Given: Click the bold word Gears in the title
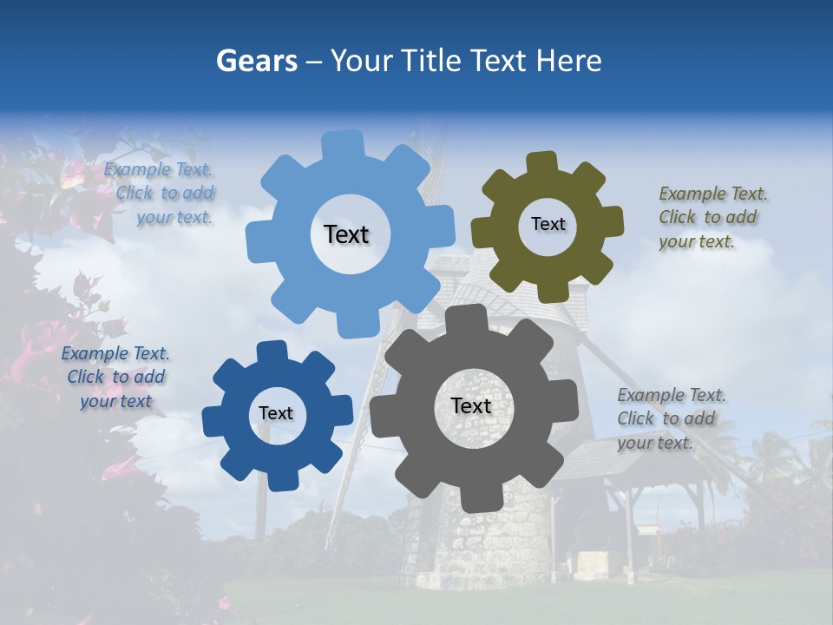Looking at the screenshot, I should tap(255, 61).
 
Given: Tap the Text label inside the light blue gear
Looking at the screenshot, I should tap(346, 234).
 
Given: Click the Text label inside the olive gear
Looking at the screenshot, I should tap(548, 224).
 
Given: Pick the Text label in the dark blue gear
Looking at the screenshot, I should tap(276, 413).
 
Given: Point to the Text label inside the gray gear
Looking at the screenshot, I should tap(471, 405).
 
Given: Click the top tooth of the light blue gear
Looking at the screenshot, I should tap(344, 143).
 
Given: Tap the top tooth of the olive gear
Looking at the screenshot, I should tap(541, 162).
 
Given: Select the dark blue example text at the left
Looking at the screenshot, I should tap(115, 377).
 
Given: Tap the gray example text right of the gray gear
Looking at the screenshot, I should tap(670, 418).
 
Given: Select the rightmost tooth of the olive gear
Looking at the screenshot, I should tap(612, 221).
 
